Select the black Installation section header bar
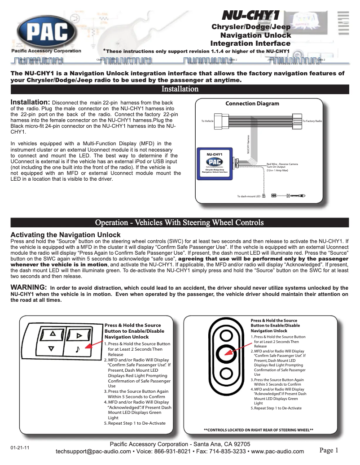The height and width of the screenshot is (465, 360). (180, 89)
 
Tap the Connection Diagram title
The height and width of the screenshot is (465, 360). (252, 104)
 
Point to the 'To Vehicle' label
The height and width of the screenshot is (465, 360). (207, 122)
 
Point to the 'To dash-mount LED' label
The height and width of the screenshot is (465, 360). (249, 196)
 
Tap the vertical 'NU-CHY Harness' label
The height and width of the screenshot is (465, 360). (247, 144)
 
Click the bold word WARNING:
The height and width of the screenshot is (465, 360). (29, 287)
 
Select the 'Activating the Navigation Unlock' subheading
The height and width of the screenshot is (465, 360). (65, 235)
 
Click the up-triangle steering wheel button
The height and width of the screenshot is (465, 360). (53, 334)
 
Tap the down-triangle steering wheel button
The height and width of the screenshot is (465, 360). (51, 348)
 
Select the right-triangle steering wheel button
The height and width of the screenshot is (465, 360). (79, 335)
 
